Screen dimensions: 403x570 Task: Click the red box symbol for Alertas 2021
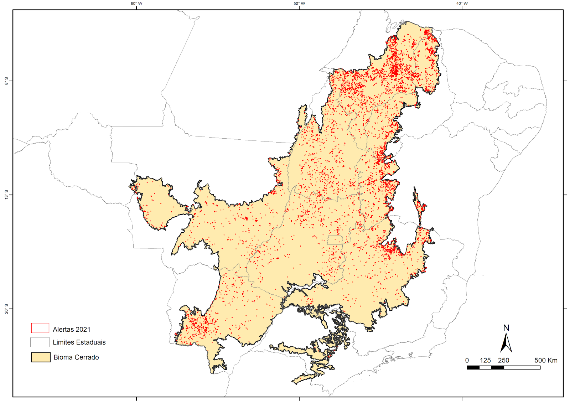click(x=40, y=328)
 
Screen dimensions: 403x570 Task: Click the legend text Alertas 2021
click(x=72, y=330)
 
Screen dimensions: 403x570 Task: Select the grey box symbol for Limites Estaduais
click(x=40, y=342)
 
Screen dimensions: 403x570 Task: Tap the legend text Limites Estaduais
click(x=79, y=342)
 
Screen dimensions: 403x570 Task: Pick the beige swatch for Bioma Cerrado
click(x=41, y=357)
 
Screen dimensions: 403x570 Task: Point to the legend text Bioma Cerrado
click(x=76, y=357)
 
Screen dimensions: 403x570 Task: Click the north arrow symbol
click(x=506, y=342)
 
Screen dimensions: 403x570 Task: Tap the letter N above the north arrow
click(x=506, y=328)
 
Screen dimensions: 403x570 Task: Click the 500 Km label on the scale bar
click(x=546, y=360)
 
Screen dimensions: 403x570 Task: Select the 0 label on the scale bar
click(x=467, y=360)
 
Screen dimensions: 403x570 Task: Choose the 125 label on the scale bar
click(x=485, y=360)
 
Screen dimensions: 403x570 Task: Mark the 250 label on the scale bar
click(x=503, y=360)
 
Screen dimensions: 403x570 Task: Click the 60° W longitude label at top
click(x=136, y=4)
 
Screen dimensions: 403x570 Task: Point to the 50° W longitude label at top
click(x=299, y=4)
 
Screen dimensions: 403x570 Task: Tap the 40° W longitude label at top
click(x=462, y=4)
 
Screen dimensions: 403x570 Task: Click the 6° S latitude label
click(x=6, y=81)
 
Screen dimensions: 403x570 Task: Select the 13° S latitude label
click(x=6, y=195)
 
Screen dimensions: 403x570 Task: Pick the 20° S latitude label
click(x=6, y=309)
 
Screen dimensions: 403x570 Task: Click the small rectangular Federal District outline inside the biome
click(x=335, y=240)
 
